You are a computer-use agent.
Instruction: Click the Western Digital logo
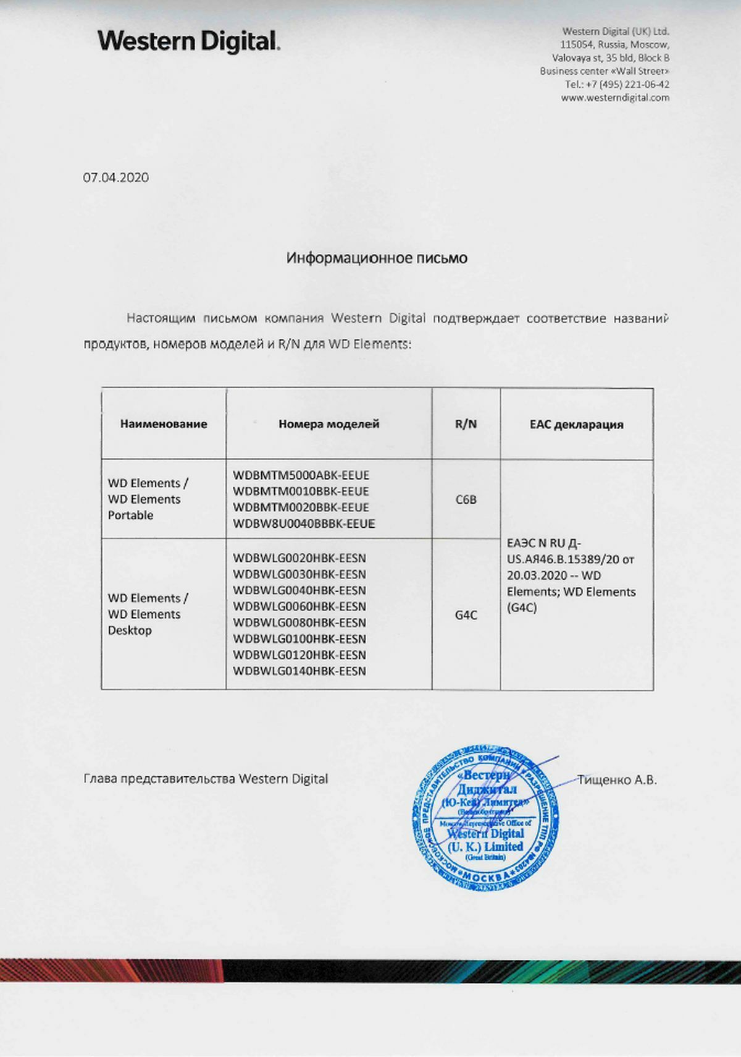189,41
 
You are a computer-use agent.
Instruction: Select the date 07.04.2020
116,177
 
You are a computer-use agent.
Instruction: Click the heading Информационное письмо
377,258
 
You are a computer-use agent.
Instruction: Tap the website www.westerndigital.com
615,98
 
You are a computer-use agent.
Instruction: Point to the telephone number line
617,84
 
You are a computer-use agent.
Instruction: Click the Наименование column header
164,424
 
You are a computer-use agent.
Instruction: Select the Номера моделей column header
329,424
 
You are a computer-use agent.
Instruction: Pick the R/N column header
466,424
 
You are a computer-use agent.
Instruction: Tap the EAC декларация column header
576,425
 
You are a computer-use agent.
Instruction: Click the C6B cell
466,499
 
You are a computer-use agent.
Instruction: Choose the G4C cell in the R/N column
466,615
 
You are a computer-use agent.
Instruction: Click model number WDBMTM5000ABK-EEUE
301,475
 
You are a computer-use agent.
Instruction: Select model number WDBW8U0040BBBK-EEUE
304,524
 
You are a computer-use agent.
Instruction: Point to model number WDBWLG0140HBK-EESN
299,671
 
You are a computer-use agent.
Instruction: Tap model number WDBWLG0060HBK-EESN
299,606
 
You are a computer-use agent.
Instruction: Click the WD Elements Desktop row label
147,614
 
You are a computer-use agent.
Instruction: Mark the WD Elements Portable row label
147,499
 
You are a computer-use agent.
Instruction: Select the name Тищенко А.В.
617,780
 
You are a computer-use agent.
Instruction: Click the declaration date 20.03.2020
537,575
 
